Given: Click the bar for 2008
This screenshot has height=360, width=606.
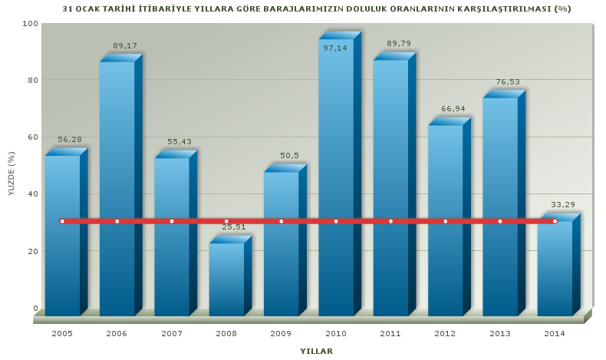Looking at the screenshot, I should (x=226, y=279).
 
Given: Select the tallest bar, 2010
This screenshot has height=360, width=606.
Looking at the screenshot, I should (x=336, y=177).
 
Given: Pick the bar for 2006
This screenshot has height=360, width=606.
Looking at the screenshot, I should (x=117, y=188).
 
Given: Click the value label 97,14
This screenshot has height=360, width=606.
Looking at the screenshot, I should (x=335, y=48).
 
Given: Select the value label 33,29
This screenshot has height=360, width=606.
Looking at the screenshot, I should (x=563, y=204).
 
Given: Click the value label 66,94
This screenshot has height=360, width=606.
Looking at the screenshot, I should (x=453, y=108).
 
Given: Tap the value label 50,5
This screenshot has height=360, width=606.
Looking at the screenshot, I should (x=289, y=155).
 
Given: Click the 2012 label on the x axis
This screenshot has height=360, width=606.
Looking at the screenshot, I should (x=445, y=333).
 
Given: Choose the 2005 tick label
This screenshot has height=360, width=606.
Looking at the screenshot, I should (x=62, y=333).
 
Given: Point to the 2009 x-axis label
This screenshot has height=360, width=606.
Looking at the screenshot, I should (x=281, y=333).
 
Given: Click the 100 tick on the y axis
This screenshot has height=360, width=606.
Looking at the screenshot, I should (x=29, y=23).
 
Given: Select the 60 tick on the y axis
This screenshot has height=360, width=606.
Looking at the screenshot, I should (x=31, y=137).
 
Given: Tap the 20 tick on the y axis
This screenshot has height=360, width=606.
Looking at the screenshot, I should (x=31, y=251).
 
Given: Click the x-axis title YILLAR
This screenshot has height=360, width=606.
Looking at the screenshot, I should (x=317, y=351).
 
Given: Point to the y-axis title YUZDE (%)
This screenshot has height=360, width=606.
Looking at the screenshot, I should (x=12, y=173).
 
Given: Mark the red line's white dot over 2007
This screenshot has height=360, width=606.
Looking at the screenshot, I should (x=172, y=221).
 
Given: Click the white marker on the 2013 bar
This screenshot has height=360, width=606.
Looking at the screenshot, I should (x=500, y=221).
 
